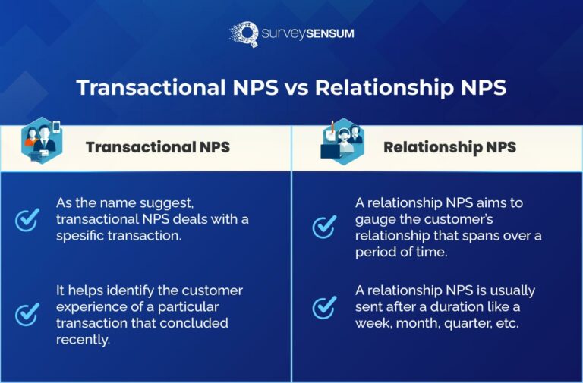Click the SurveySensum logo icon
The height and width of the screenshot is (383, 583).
pos(244,34)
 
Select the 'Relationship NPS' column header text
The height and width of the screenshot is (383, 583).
pos(449,147)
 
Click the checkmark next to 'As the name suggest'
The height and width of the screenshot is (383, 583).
pos(27,220)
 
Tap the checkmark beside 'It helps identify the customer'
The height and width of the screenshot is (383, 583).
pos(27,313)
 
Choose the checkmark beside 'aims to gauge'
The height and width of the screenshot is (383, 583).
pos(325,225)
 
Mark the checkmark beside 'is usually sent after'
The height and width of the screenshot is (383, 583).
pos(325,307)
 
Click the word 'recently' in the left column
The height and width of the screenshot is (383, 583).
pos(82,339)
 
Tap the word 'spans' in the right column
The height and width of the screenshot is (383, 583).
pos(476,236)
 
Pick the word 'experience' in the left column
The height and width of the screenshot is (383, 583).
pos(89,307)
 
